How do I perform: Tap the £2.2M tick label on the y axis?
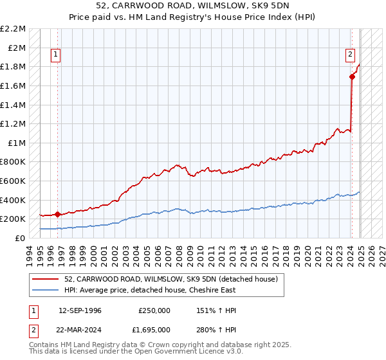[14, 29]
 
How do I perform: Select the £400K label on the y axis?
[14, 200]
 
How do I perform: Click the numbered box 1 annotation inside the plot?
[56, 55]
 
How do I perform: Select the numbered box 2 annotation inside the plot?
[351, 55]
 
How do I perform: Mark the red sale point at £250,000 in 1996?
[57, 214]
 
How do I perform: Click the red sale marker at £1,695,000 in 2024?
[352, 77]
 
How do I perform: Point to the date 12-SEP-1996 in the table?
[80, 310]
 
